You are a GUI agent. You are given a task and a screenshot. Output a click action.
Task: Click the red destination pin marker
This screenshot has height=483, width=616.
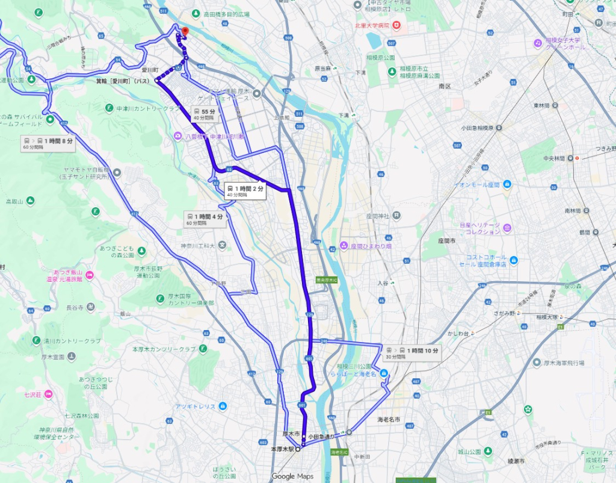click(x=185, y=31)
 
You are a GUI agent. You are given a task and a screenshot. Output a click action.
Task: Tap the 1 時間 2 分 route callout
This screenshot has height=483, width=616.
click(x=245, y=191)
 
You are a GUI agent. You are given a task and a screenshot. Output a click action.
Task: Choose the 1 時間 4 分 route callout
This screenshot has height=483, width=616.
click(x=205, y=219)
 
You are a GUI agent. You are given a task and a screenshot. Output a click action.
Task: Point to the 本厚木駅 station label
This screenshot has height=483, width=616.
click(x=282, y=449)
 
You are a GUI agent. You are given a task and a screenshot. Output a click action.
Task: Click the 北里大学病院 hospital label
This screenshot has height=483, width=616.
click(x=373, y=25)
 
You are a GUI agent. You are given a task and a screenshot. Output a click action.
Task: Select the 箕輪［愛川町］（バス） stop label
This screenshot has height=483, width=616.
click(x=123, y=80)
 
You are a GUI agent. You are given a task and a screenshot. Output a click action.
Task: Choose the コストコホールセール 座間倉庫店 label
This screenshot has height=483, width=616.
click(x=482, y=260)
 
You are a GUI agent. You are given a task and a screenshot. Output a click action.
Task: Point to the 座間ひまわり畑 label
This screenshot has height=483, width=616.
click(x=371, y=245)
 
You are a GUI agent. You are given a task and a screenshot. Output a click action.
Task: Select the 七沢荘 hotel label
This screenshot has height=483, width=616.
click(x=31, y=394)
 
